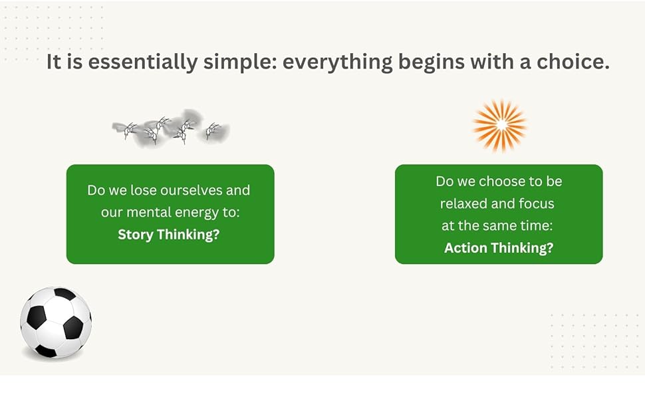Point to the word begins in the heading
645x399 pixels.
[440, 63]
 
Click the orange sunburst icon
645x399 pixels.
[499, 125]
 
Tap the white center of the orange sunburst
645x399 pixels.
[499, 125]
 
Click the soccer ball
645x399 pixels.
[56, 323]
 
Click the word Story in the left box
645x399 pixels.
[135, 235]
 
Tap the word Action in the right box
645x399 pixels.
[465, 248]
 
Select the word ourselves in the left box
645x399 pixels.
[190, 190]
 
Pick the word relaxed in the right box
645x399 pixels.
[463, 203]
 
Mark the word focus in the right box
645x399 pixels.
[537, 203]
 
